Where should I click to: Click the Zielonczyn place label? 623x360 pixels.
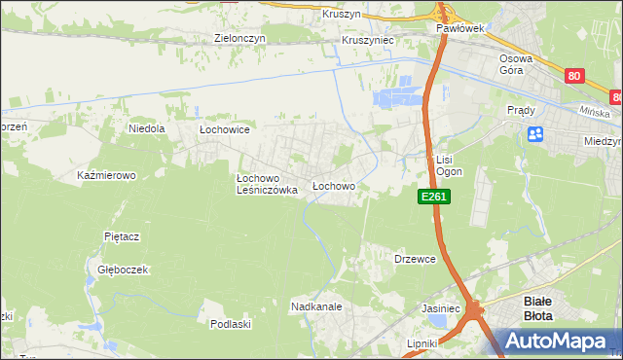pos(239,39)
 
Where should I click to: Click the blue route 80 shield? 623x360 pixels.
pos(574,75)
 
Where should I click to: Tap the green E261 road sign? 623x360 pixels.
pos(433,197)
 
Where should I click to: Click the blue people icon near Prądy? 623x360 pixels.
pos(534,134)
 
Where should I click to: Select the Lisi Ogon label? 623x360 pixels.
pos(447,165)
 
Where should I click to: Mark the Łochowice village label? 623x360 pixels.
pos(225,129)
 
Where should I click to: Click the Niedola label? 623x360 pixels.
pos(147,127)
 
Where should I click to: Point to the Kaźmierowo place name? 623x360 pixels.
pos(106,176)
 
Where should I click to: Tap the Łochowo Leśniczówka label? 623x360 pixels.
pos(267,185)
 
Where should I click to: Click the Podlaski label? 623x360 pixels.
pos(232,324)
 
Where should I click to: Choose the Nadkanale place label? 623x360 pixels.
pos(315,307)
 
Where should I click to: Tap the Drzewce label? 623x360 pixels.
pos(414,260)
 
